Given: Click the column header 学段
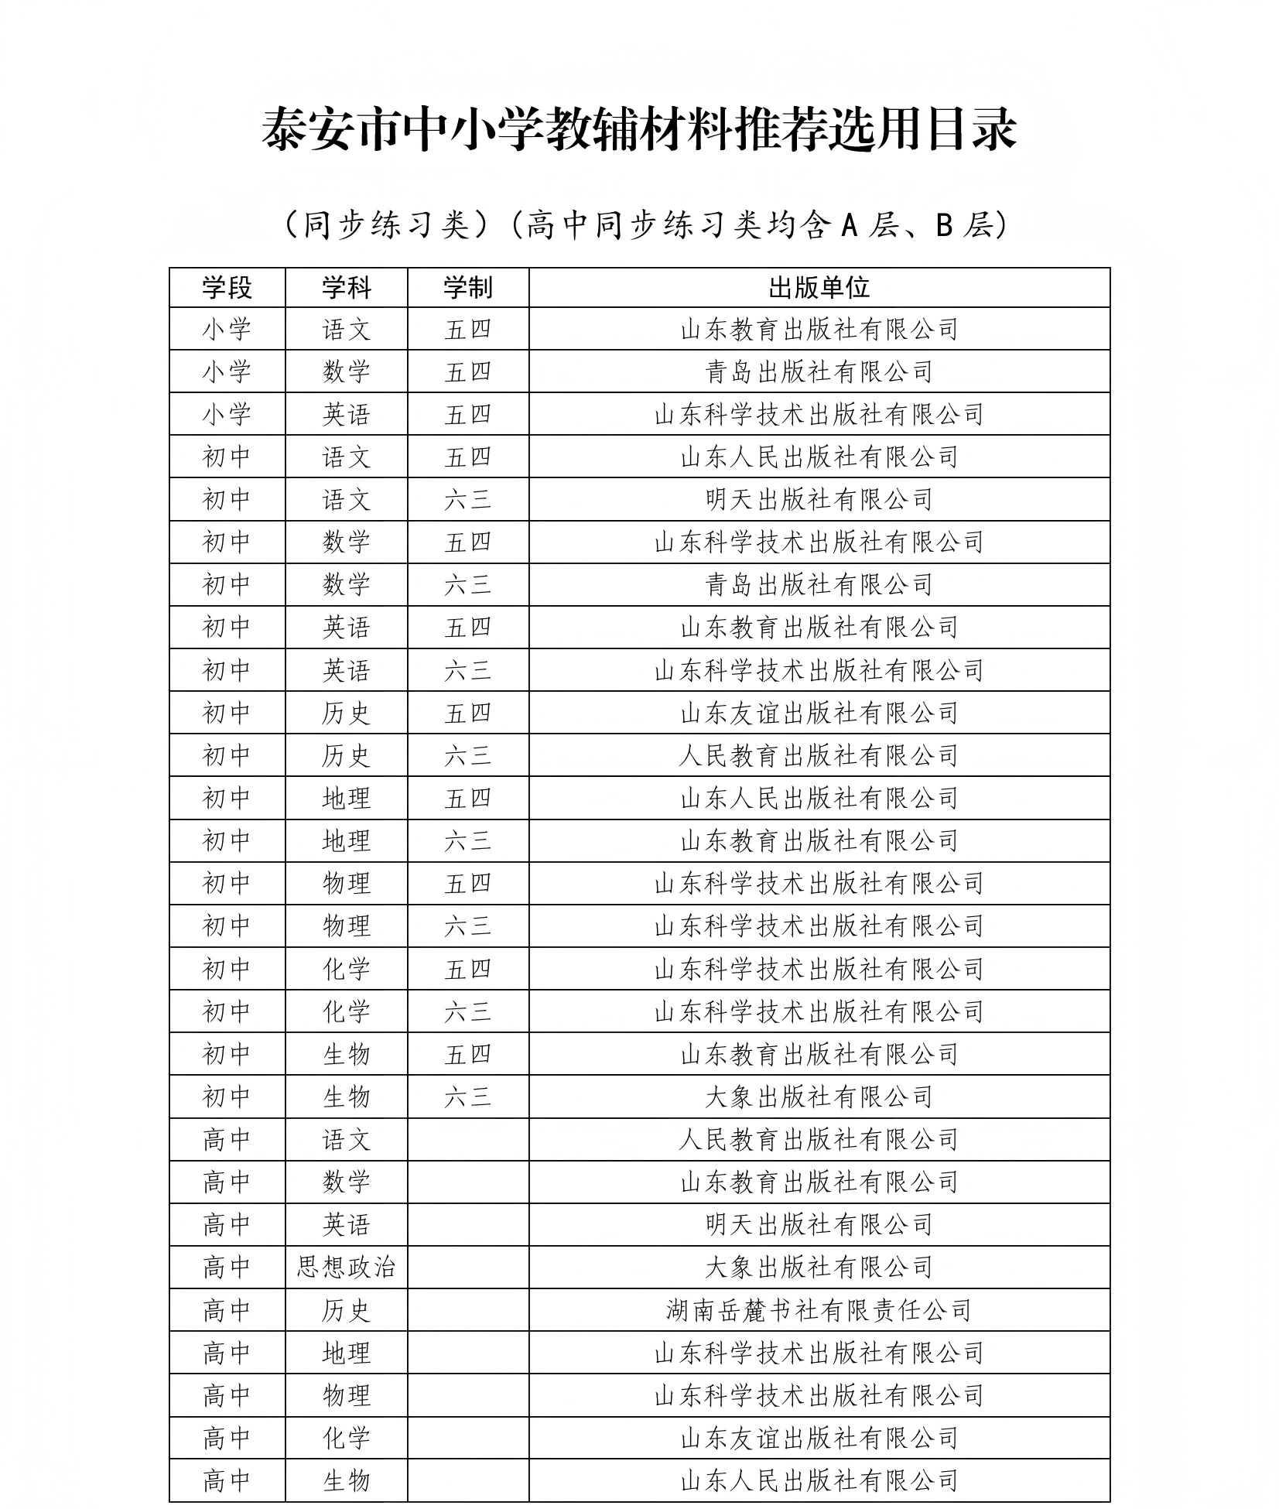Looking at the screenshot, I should tap(227, 288).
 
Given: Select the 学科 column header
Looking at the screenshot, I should tap(346, 288).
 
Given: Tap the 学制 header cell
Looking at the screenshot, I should tap(467, 288).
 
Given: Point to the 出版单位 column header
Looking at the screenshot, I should tap(819, 288).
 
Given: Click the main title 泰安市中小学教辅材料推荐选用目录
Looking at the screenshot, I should tap(639, 128).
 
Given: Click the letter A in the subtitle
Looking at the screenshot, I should tap(850, 225).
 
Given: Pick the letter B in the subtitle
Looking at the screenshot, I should tap(943, 225).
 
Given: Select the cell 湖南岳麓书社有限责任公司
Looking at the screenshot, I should tap(819, 1310).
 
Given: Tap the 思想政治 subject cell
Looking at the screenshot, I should tap(346, 1268).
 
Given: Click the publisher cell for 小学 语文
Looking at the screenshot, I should tap(819, 330).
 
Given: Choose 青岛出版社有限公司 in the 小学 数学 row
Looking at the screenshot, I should tap(819, 372).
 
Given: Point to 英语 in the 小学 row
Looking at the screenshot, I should tap(346, 415).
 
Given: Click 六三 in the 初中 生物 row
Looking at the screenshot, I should tap(467, 1097).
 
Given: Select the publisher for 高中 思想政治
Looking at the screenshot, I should tap(819, 1268).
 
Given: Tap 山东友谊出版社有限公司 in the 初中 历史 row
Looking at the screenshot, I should tap(819, 713).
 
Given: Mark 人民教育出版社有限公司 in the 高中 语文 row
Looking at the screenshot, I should tap(819, 1139).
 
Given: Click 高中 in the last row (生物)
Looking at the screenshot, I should tap(227, 1481).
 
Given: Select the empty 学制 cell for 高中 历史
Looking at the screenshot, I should tap(467, 1310).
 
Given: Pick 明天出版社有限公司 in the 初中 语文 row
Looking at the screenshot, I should tap(819, 500).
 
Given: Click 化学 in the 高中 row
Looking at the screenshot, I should tap(346, 1439).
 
